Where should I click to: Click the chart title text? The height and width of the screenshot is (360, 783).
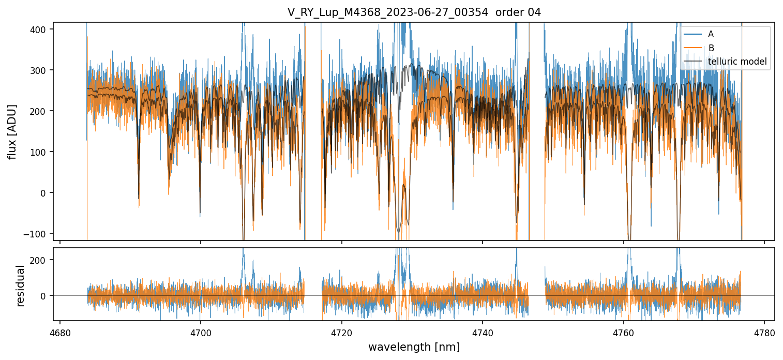(414, 12)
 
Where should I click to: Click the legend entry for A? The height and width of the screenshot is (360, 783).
(711, 34)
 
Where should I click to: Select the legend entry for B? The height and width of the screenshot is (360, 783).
(711, 48)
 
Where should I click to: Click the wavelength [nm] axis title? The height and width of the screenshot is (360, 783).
(414, 347)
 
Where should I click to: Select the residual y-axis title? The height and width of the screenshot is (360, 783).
(21, 286)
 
